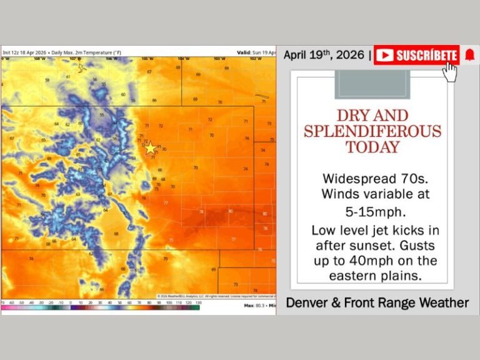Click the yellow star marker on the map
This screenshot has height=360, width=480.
point(150,148)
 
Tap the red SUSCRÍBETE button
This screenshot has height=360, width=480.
point(417,55)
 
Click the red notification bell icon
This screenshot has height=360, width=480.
point(469,55)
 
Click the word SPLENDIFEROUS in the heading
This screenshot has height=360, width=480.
point(372,131)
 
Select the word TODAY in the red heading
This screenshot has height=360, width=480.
point(372,147)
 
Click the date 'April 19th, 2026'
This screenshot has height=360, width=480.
point(324,55)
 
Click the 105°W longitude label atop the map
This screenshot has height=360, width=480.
point(146,59)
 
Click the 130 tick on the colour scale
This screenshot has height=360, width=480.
point(198,302)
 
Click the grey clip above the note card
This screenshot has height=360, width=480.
point(372,84)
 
